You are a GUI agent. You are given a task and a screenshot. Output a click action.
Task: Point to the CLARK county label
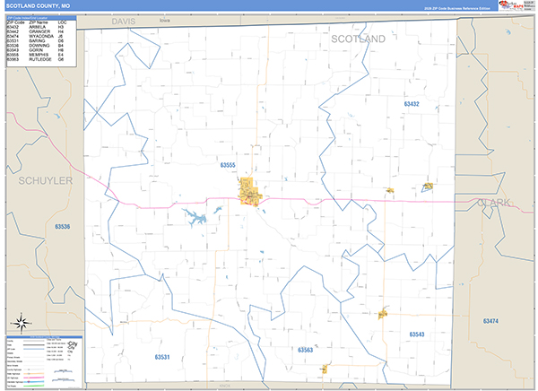[x=494, y=203]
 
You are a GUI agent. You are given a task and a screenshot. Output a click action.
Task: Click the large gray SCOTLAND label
[x=358, y=39]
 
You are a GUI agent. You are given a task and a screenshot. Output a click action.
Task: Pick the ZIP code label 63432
[x=411, y=105]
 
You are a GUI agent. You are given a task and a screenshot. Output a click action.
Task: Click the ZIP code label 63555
[x=227, y=165]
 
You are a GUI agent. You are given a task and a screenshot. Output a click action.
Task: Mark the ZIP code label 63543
[x=416, y=334]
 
